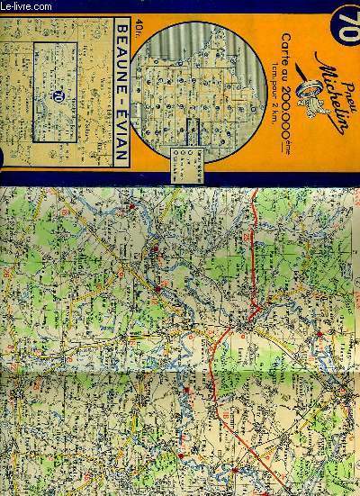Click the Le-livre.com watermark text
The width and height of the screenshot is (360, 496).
[x=22, y=5]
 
